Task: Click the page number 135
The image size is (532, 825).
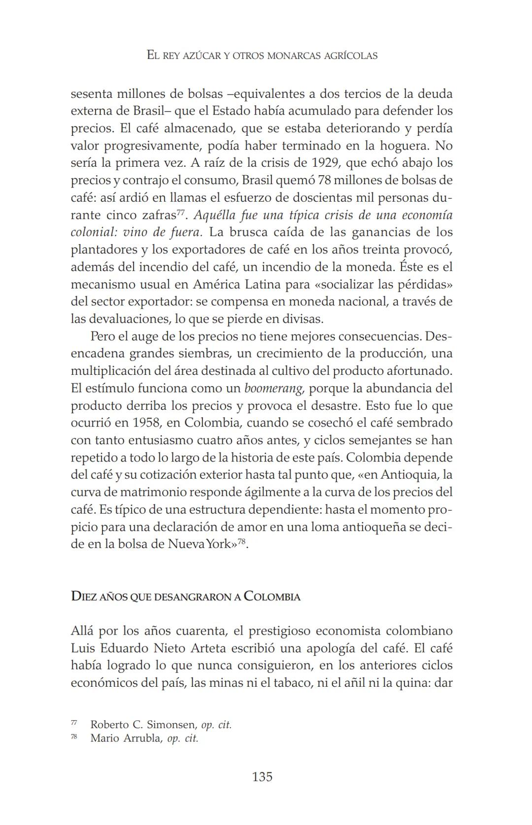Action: (x=262, y=777)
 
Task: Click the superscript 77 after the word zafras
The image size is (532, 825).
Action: (x=180, y=213)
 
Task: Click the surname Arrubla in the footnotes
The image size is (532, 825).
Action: (x=140, y=739)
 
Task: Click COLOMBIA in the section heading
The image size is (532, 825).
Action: (x=272, y=597)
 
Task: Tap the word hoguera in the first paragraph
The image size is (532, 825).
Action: (x=403, y=146)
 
